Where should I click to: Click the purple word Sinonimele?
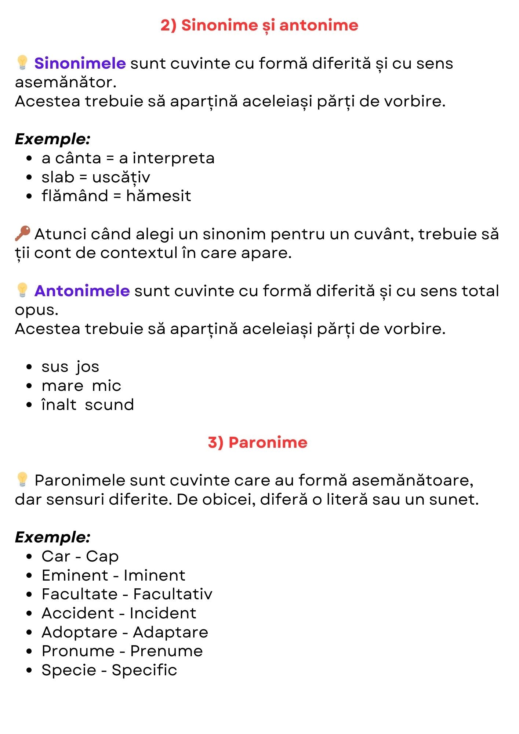point(80,63)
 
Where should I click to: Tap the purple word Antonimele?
point(82,291)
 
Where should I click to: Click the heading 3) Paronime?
point(258,442)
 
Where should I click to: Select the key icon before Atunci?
point(22,234)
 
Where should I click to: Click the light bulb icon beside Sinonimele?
point(22,63)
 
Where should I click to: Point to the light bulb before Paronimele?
point(22,480)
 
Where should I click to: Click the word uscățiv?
point(121,177)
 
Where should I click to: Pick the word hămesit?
point(159,196)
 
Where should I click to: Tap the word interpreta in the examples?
point(173,158)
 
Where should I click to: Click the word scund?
point(109,405)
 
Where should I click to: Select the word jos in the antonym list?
point(88,367)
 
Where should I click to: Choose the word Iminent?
point(155,575)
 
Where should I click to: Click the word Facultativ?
point(173,594)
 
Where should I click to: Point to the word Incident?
point(163,613)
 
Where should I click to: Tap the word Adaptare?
point(171,632)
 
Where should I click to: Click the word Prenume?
point(167,651)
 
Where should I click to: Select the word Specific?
point(144,670)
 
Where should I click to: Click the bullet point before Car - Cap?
point(29,557)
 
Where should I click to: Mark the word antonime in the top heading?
point(319,25)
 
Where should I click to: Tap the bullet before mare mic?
point(29,386)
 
